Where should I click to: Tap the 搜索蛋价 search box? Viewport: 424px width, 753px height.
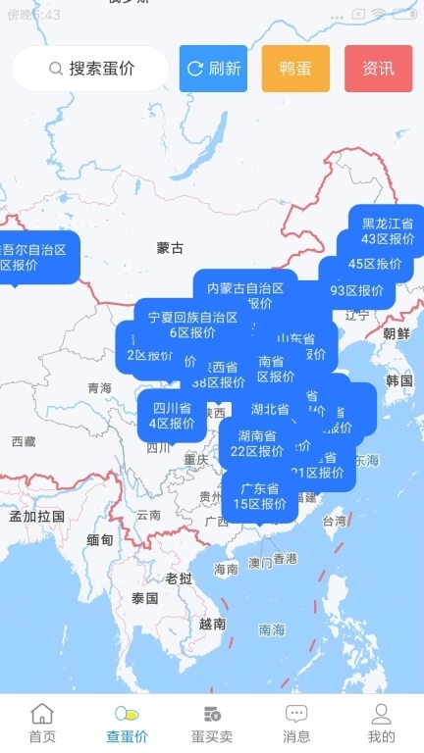(91, 69)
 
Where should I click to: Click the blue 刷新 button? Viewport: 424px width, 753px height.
(213, 69)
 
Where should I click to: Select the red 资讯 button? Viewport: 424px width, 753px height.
(378, 69)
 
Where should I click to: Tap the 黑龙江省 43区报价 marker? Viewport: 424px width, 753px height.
(387, 231)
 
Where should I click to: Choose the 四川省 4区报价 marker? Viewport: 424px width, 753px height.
(172, 416)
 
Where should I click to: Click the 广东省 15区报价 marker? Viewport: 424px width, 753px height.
(260, 496)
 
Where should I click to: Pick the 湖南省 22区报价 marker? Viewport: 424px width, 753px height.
(256, 443)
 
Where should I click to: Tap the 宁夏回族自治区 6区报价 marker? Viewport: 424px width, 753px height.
(192, 325)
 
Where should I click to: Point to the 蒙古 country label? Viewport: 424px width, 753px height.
(170, 248)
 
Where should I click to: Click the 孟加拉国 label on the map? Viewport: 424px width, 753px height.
(36, 516)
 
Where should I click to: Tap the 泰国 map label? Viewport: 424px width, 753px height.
(144, 598)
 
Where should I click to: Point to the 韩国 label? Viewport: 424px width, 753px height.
(399, 380)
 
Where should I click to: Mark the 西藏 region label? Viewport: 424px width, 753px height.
(24, 442)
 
